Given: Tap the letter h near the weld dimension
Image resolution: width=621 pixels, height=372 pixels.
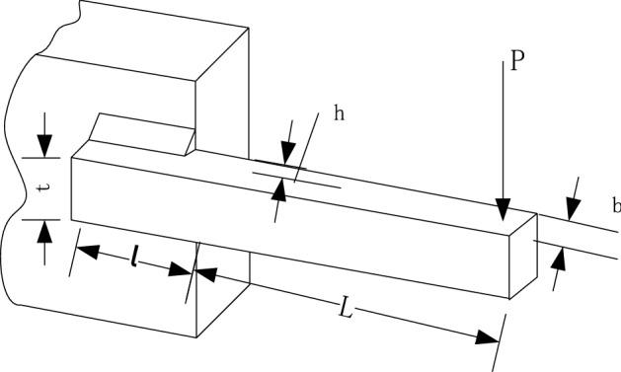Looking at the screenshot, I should pos(339,113).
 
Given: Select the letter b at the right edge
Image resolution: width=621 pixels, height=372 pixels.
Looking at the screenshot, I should pos(616,206).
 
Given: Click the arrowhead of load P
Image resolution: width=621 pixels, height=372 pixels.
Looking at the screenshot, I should pos(504,209).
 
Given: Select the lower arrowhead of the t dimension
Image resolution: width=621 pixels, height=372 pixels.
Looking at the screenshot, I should pos(44,231).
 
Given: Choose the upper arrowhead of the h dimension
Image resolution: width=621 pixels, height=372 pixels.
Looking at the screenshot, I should pos(287,153).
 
